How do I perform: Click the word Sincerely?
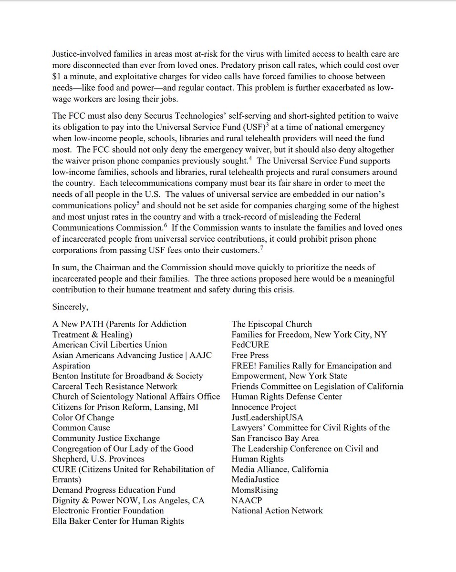[70, 307]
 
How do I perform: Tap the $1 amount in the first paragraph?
[57, 76]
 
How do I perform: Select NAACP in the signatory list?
[247, 500]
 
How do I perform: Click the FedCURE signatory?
[250, 345]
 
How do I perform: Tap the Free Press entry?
[250, 355]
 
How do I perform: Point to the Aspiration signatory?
[71, 366]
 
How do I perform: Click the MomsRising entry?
[255, 490]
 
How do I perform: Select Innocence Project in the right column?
[264, 407]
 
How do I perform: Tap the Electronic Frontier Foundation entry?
[108, 511]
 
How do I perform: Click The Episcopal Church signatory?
[271, 324]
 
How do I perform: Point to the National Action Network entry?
[277, 511]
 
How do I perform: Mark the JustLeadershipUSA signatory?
[267, 418]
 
